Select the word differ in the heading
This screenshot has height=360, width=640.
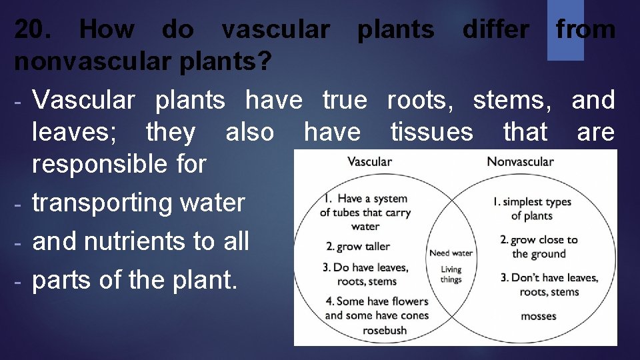coord(496,29)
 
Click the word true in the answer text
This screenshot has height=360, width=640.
coord(344,100)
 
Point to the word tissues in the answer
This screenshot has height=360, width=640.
coord(431,132)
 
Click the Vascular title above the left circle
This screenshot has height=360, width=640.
coord(369,161)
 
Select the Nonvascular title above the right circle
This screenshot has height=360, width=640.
coord(520,161)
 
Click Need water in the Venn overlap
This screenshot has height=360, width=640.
coord(451,253)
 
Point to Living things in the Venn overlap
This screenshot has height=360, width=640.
coord(451,275)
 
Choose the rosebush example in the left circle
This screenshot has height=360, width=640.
coord(385,330)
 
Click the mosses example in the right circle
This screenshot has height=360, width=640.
coord(538,316)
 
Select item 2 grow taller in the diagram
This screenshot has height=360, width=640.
coord(358,247)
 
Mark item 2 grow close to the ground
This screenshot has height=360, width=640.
coord(539,247)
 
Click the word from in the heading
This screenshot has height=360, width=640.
coord(585,29)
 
